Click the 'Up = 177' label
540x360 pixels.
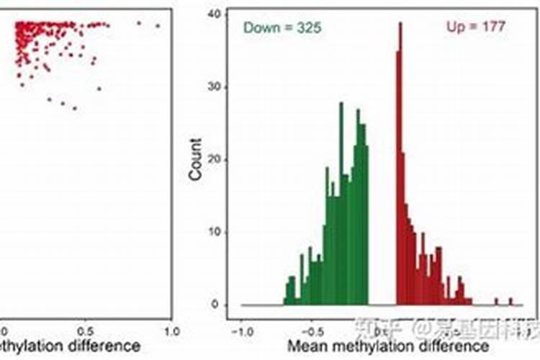[x=476, y=27]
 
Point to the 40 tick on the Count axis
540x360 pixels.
[x=214, y=14]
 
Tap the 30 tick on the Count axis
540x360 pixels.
[x=214, y=87]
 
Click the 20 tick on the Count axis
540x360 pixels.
[x=214, y=160]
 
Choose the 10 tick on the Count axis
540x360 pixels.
[x=214, y=233]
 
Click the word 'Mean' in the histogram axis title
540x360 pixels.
[x=305, y=347]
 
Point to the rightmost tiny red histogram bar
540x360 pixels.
[x=511, y=302]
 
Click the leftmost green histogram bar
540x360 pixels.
[x=285, y=294]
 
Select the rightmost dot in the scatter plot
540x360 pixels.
[x=158, y=27]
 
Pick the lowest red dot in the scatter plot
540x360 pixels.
[x=75, y=108]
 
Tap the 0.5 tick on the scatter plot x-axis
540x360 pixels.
[x=86, y=333]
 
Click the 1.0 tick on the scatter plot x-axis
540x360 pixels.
[x=171, y=333]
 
